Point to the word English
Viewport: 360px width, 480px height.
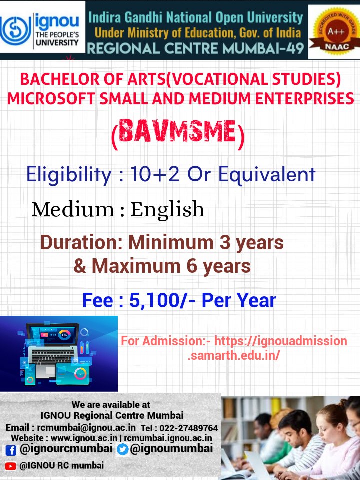click(x=167, y=210)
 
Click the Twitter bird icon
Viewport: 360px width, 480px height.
click(x=122, y=450)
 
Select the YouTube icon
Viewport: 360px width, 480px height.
click(x=10, y=466)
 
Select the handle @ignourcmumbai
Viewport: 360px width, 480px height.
click(x=66, y=449)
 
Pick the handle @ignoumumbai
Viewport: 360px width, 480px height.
click(x=171, y=449)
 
